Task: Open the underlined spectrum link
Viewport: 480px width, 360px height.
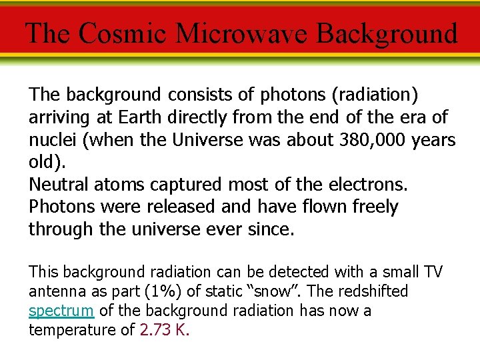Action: coord(62,311)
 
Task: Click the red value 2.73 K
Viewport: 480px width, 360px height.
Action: coord(164,330)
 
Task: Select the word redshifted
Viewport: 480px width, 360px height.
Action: coord(375,291)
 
